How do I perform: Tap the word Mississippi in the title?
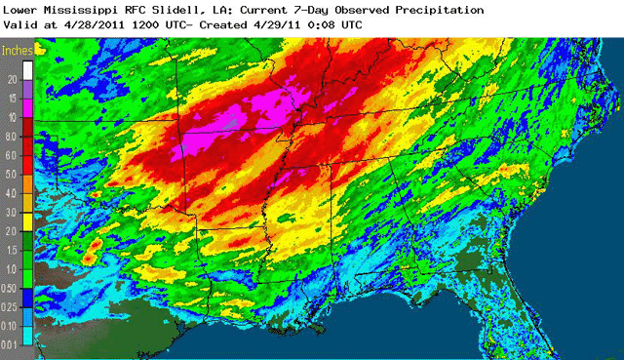tap(81, 9)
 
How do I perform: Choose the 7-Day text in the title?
tap(312, 9)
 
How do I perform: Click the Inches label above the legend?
tap(17, 48)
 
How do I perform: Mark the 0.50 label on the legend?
tap(12, 289)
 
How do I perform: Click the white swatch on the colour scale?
tap(29, 69)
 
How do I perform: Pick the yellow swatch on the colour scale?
tap(29, 224)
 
